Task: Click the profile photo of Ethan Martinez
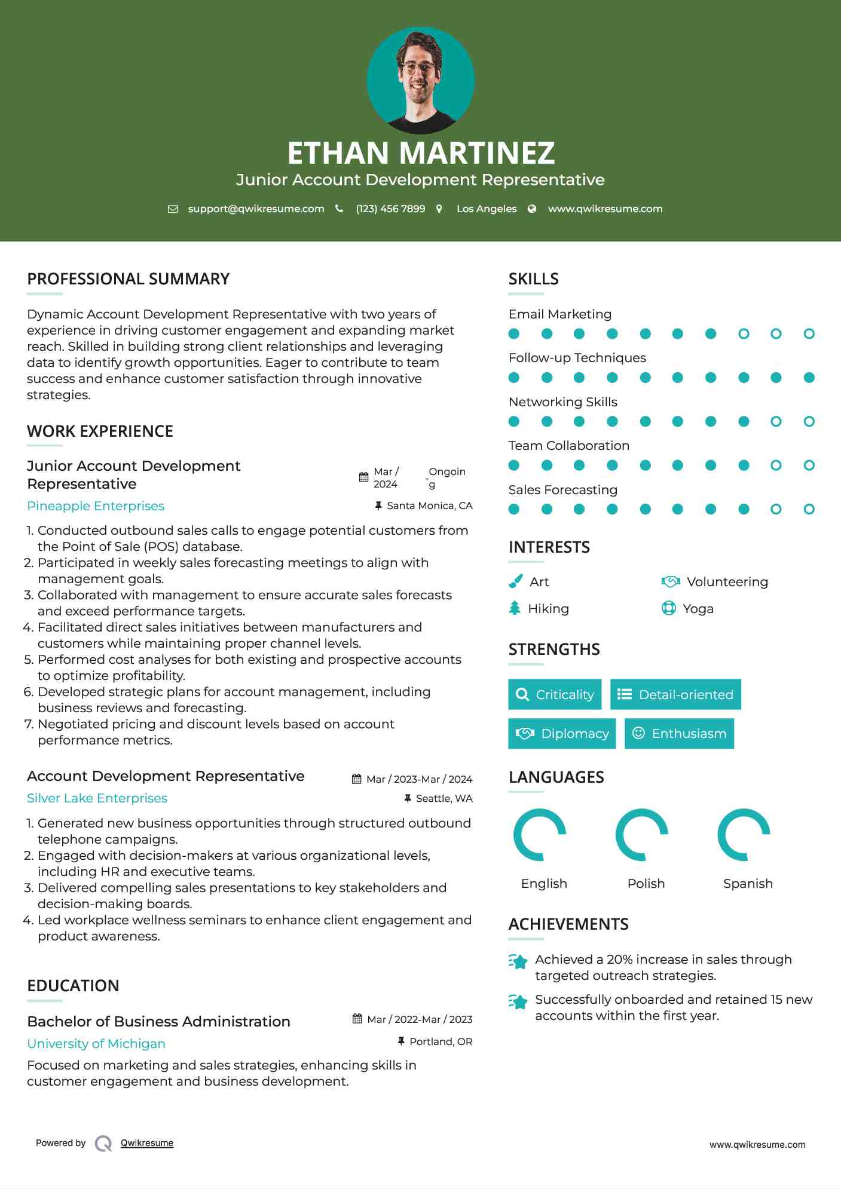point(420,80)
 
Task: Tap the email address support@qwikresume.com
point(256,209)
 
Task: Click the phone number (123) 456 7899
point(390,209)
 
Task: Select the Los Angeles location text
point(487,209)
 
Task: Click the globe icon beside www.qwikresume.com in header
point(532,209)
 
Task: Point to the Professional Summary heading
point(129,279)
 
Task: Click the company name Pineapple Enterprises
point(96,506)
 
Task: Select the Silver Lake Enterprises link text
point(97,798)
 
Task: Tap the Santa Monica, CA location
point(429,506)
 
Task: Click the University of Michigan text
point(96,1044)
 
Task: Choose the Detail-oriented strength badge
point(675,694)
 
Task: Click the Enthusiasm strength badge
point(679,734)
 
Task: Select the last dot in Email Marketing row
point(809,334)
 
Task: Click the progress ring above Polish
point(642,835)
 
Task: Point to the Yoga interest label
point(698,609)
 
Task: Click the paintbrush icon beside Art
point(515,581)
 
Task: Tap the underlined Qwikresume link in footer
point(147,1143)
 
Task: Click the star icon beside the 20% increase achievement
point(518,961)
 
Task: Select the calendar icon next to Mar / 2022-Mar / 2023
point(357,1019)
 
